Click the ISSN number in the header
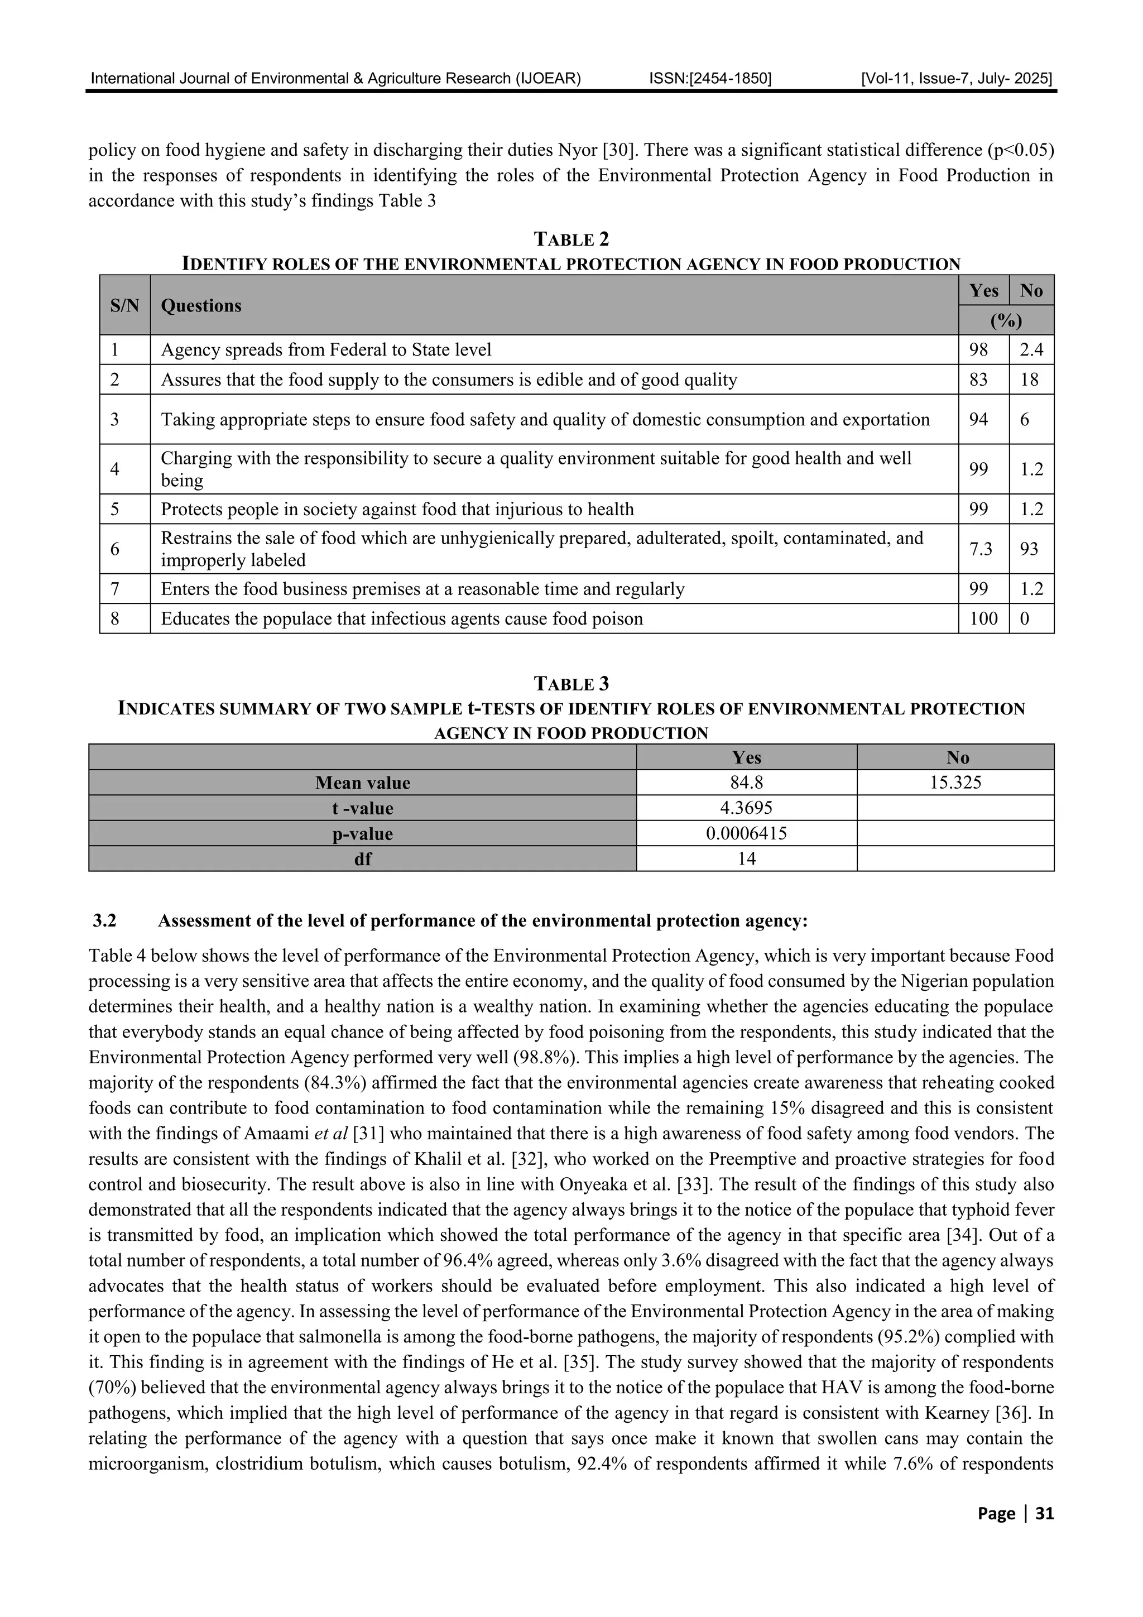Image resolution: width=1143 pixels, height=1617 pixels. pos(710,78)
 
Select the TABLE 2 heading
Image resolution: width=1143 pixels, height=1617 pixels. pos(571,239)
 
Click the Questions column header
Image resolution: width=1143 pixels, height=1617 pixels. pos(201,306)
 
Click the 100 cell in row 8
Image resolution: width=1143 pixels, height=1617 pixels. pos(983,618)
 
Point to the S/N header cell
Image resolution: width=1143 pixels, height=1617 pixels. pos(124,306)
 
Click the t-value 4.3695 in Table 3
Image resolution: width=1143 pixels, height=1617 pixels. pos(746,808)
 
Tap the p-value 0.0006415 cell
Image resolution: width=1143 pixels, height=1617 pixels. pos(746,833)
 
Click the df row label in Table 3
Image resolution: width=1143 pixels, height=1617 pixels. pos(362,858)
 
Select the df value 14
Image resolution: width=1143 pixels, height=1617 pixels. pos(746,858)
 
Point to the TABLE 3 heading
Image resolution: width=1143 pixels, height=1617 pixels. pos(571,684)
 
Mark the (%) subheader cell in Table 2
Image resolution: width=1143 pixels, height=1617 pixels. pos(1006,320)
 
